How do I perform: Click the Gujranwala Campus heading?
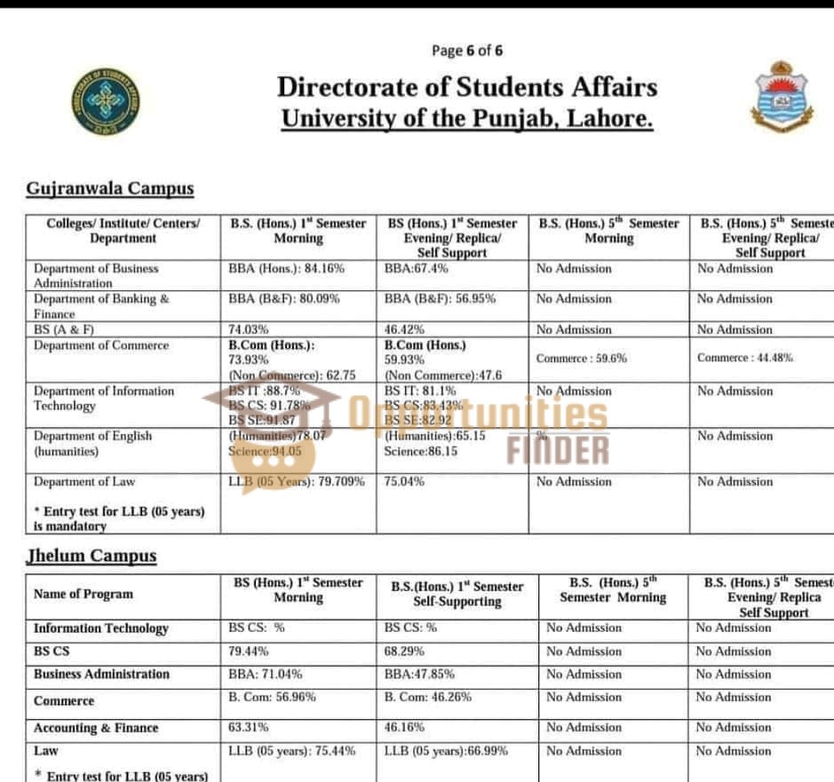[109, 188]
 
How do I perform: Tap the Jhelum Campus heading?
[91, 556]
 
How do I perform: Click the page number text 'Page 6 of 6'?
[466, 51]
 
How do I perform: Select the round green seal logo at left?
[106, 101]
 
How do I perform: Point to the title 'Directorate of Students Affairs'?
[466, 87]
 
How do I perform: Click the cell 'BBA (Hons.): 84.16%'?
[286, 268]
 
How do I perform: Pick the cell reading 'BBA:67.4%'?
[416, 268]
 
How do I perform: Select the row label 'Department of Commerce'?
[101, 345]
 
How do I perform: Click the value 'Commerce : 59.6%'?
[581, 359]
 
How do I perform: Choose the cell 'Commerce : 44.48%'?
[744, 358]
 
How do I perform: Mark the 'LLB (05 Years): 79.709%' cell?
[297, 482]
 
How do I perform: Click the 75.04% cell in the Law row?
[404, 482]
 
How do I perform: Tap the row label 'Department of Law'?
[84, 482]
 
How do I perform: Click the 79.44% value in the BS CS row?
[249, 651]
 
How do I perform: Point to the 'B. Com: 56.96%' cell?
[272, 697]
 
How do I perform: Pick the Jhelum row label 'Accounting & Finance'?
[96, 728]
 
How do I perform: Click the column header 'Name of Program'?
[83, 594]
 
